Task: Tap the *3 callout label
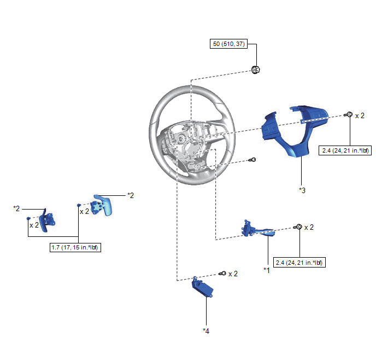tap(302, 190)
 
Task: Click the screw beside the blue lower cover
tap(348, 114)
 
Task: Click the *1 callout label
tap(267, 270)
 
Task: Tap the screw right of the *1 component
tap(298, 227)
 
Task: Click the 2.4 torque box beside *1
tap(299, 263)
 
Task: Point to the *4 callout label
tap(206, 330)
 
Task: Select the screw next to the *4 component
tap(222, 274)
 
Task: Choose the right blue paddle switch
tap(102, 205)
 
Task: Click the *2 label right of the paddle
tap(131, 195)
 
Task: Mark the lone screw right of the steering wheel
tap(252, 160)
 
